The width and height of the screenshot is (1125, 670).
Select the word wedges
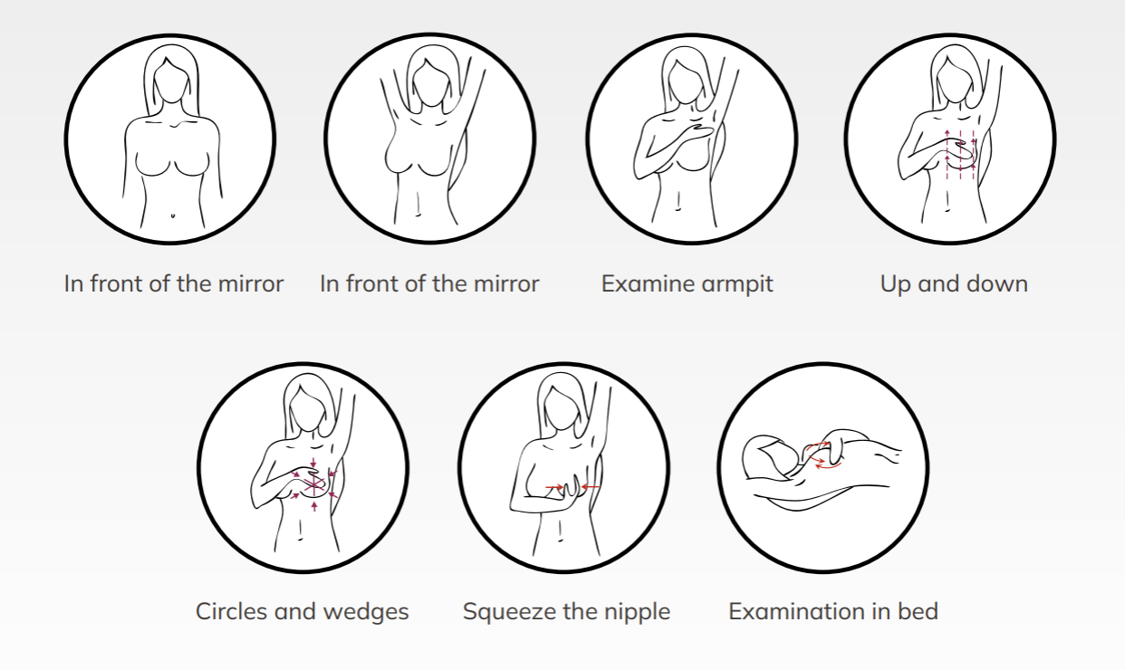tap(366, 612)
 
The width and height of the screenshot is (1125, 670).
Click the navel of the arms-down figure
tap(173, 215)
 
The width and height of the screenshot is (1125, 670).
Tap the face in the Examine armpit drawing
tap(686, 82)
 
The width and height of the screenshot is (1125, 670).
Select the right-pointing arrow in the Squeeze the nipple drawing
tap(554, 487)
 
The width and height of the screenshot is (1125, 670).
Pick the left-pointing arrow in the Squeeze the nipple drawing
tap(591, 487)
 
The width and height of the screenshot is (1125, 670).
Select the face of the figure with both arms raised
tap(430, 82)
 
